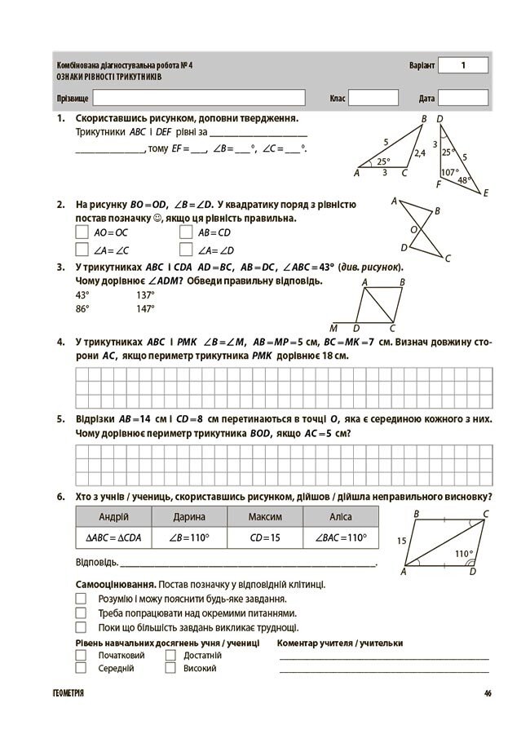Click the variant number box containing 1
[463, 65]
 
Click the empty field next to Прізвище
[199, 98]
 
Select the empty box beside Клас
[373, 98]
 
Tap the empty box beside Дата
[463, 98]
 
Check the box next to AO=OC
[82, 232]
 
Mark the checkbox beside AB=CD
[185, 232]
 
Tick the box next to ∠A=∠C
[82, 250]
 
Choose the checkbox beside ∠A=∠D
[185, 250]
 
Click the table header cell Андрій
[113, 517]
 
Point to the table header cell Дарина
[189, 517]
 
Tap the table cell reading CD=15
[265, 538]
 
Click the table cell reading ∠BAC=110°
[341, 538]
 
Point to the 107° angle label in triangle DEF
[449, 173]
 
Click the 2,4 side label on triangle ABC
[420, 153]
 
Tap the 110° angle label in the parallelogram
[463, 554]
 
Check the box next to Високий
[170, 668]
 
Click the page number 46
[487, 693]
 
